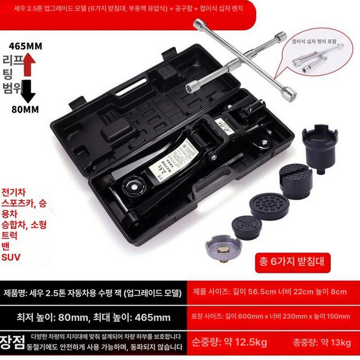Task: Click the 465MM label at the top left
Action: (22, 47)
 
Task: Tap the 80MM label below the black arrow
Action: (25, 110)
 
